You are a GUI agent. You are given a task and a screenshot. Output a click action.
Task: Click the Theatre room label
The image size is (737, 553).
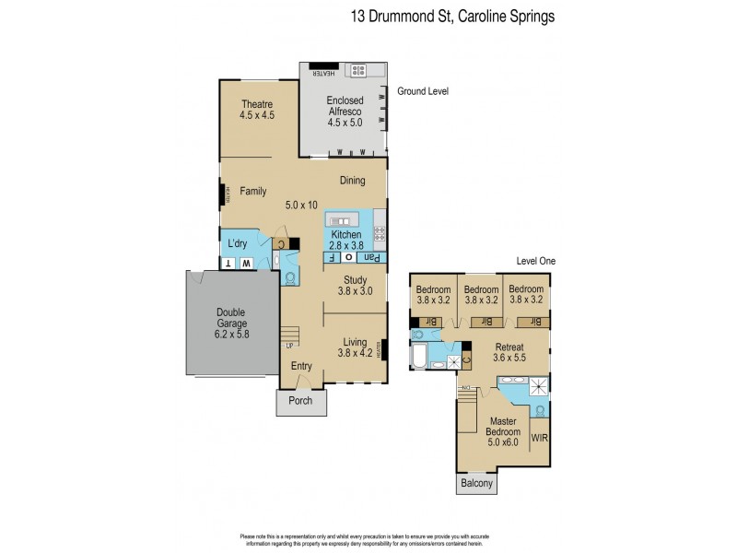pos(258,110)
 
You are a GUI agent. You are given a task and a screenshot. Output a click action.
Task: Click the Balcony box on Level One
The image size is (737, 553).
pos(475,484)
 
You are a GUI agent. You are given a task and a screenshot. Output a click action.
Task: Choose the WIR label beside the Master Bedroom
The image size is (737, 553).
pos(540,439)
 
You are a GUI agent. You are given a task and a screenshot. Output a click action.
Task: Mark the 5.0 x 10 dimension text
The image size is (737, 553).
pos(301,205)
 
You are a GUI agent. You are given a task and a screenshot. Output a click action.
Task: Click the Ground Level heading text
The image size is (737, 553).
pos(422,92)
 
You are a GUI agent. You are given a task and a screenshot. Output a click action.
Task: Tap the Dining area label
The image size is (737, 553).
pos(352,181)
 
